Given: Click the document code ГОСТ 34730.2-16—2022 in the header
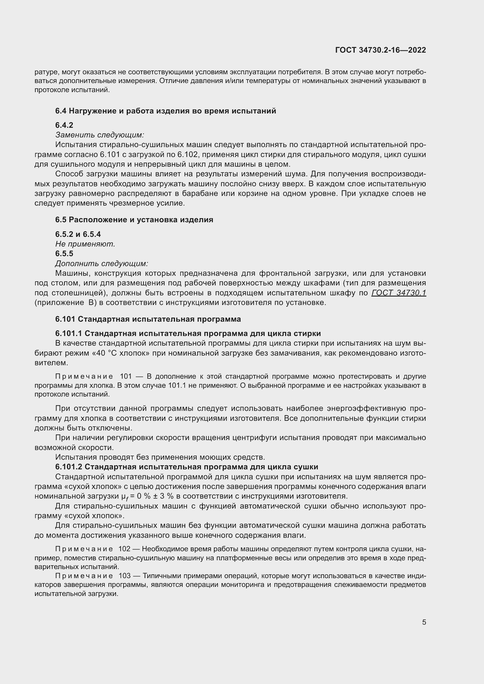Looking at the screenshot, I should click(x=380, y=50).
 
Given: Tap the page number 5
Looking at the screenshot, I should click(x=424, y=622).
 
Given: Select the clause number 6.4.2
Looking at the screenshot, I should click(x=64, y=125).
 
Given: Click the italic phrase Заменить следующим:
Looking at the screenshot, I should click(x=99, y=135).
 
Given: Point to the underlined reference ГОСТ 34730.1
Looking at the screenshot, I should click(x=399, y=293).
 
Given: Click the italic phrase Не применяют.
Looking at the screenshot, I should click(x=85, y=244).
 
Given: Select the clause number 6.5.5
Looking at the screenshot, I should click(x=64, y=254).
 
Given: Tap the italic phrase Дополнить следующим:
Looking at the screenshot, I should click(x=102, y=263).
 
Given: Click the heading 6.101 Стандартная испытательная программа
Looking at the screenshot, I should click(x=148, y=319).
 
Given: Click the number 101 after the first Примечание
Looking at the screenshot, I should click(x=126, y=377).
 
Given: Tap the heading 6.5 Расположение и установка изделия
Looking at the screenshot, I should click(x=134, y=220).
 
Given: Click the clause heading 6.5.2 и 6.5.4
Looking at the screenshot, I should click(x=78, y=234).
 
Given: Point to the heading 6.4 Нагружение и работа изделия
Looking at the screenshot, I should click(x=165, y=111).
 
